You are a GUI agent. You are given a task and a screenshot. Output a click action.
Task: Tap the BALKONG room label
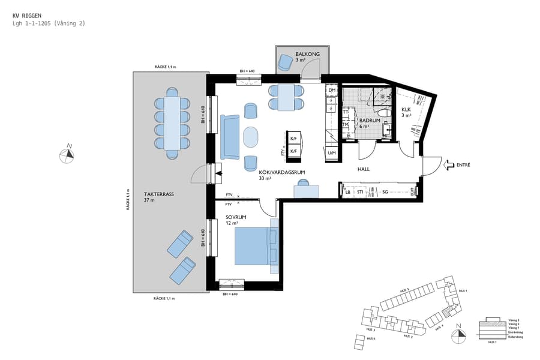point(307,55)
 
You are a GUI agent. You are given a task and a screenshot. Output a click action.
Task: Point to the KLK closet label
point(406,109)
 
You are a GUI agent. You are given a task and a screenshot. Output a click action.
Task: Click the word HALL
point(364,169)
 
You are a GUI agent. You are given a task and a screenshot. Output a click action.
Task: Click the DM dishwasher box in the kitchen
point(332,90)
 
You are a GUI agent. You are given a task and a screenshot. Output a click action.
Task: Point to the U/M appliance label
point(331,153)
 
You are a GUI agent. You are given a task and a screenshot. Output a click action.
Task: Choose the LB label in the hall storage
point(347,192)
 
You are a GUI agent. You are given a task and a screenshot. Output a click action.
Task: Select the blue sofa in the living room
point(230,137)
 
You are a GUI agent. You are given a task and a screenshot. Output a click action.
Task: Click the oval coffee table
point(252,137)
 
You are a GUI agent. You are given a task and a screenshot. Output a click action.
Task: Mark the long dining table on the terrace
point(172,124)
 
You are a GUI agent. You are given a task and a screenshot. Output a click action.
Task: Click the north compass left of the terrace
point(67,155)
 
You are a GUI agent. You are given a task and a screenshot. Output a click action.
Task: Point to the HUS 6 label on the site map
point(371,338)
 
